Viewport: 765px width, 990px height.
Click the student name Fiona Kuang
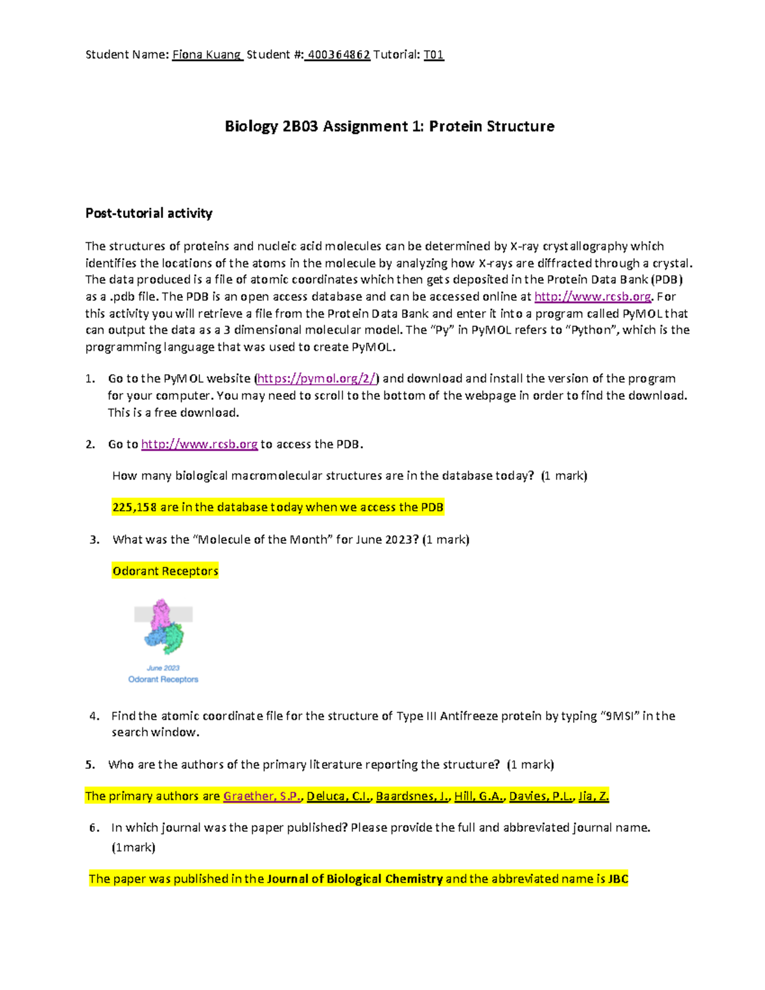[207, 55]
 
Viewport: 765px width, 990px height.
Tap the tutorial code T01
[433, 55]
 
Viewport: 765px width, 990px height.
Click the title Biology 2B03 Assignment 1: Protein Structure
[390, 126]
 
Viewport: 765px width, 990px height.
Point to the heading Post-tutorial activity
[149, 213]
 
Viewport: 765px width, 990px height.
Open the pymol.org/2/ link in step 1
[317, 379]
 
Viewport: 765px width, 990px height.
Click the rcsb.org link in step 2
[199, 444]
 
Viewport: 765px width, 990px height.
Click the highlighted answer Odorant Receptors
[165, 571]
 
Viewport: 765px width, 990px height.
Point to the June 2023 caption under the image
[163, 668]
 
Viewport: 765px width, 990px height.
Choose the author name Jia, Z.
[594, 796]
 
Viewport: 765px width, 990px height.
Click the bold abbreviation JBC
[618, 879]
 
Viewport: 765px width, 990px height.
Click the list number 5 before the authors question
[90, 764]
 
